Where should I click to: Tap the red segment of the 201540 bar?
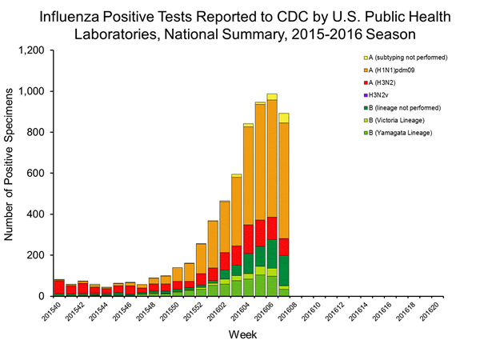tap(60, 287)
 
